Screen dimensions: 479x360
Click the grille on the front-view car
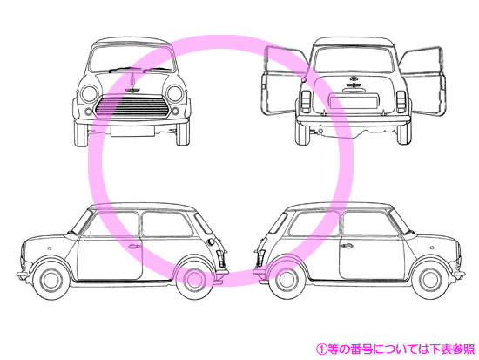click(132, 106)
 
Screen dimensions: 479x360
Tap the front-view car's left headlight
click(90, 94)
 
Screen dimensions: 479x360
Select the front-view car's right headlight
click(175, 93)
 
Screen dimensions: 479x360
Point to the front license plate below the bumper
click(132, 131)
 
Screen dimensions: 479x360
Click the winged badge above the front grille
click(132, 90)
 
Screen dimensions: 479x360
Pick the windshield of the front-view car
click(132, 59)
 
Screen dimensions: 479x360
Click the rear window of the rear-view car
click(353, 60)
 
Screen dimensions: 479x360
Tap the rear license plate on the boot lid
click(353, 102)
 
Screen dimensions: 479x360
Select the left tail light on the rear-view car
click(306, 101)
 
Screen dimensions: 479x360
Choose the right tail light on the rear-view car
click(401, 101)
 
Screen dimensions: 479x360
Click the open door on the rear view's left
click(283, 81)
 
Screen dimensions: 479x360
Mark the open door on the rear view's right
click(422, 82)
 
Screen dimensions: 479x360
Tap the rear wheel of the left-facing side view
click(193, 280)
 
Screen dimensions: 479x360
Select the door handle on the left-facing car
click(135, 246)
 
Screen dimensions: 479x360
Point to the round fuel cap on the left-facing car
click(211, 241)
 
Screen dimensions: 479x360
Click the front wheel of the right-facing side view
click(430, 280)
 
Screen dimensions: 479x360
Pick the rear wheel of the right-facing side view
click(287, 280)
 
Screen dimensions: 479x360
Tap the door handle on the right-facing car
click(347, 246)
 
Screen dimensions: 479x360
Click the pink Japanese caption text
click(395, 349)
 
